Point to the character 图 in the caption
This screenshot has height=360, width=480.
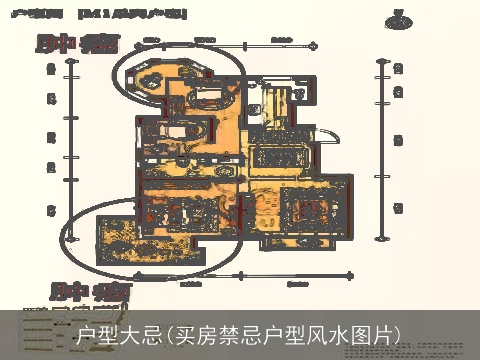[x=363, y=333]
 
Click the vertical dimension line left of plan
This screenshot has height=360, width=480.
[x=65, y=150]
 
